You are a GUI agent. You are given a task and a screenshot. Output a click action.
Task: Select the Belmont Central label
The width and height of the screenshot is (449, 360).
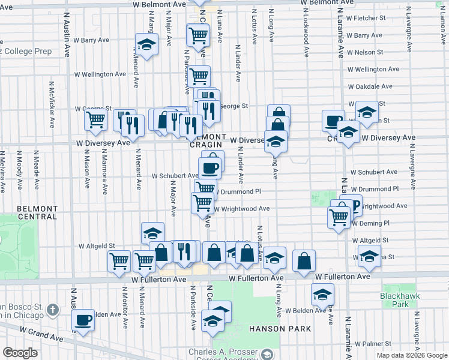[37, 212]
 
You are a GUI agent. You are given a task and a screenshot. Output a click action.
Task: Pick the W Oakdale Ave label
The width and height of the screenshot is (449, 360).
[371, 86]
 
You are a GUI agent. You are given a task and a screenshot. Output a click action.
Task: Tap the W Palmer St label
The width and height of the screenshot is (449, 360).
[364, 344]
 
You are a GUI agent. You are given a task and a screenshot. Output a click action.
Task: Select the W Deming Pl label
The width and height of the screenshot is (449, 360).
[370, 223]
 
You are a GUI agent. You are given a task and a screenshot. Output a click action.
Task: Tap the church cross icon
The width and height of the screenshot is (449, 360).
[53, 310]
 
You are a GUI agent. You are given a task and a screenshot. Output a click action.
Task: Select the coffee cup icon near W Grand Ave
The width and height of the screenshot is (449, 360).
[83, 319]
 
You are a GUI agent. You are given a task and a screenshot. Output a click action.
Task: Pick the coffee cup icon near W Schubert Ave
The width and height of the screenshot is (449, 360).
[209, 167]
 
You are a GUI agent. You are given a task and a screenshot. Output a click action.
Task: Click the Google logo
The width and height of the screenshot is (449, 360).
[20, 353]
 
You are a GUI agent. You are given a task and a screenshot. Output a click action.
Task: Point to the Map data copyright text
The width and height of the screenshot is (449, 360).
[411, 355]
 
